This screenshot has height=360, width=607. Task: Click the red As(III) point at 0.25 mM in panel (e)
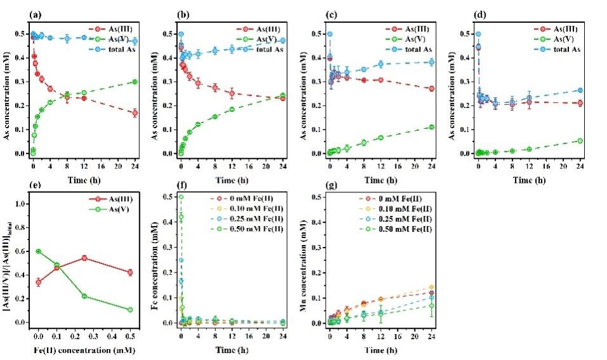point(84,258)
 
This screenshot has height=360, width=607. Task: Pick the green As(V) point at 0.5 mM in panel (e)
point(130,310)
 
